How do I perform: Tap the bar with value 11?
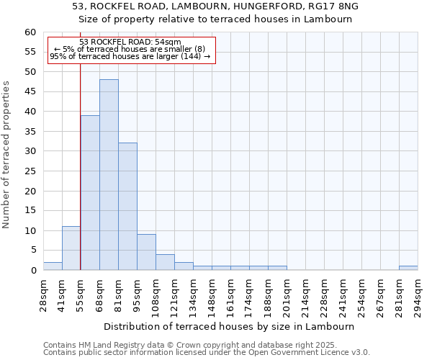click(71, 248)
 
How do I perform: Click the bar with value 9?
click(146, 252)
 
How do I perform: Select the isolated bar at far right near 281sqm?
click(408, 268)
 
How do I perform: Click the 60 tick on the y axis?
click(30, 32)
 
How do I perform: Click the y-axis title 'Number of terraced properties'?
click(7, 155)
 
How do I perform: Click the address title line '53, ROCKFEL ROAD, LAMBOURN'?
click(215, 6)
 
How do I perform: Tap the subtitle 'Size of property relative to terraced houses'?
click(215, 19)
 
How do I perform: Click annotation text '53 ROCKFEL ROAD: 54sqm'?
click(130, 42)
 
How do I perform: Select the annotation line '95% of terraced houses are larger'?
click(130, 56)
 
